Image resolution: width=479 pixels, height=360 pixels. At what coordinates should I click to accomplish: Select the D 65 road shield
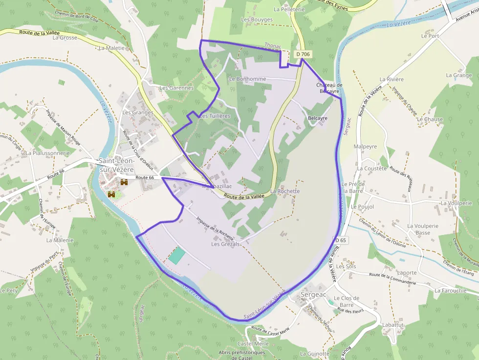(x=341, y=240)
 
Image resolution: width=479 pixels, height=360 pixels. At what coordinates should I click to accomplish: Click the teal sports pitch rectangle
(x=177, y=255)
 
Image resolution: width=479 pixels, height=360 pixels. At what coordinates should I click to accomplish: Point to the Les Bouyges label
(x=257, y=20)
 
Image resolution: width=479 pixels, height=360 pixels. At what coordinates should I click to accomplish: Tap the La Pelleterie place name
(x=289, y=9)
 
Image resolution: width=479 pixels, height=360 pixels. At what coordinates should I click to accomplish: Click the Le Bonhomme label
(x=247, y=79)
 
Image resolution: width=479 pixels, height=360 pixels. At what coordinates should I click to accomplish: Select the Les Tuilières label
(x=215, y=116)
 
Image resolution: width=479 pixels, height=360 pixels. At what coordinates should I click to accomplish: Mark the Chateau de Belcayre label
(x=329, y=88)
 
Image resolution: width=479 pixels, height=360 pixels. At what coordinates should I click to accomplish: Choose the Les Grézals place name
(x=225, y=244)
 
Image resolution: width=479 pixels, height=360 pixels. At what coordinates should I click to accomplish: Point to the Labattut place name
(x=393, y=325)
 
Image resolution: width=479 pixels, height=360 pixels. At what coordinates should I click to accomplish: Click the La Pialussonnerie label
(x=48, y=153)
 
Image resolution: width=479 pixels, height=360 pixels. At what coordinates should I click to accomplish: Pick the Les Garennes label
(x=176, y=88)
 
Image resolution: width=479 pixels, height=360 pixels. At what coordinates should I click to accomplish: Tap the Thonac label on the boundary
(x=273, y=45)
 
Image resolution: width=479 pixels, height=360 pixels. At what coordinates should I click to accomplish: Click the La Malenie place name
(x=60, y=240)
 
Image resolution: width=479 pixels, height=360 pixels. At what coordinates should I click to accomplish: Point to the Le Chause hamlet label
(x=430, y=119)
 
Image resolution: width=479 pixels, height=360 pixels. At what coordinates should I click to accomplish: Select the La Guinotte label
(x=315, y=354)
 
